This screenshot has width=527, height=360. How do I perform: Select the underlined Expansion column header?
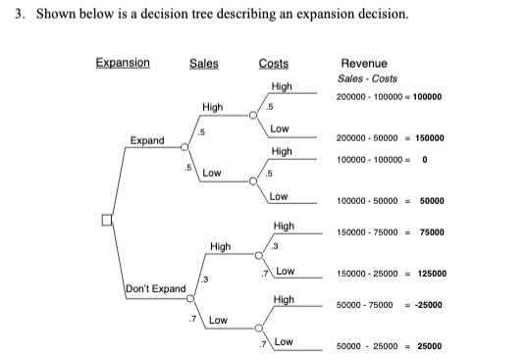pyautogui.click(x=123, y=64)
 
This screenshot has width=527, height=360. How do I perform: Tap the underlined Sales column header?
pyautogui.click(x=203, y=65)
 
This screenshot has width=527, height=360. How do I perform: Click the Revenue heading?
pyautogui.click(x=363, y=64)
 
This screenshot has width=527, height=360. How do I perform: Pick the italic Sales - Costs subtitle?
pyautogui.click(x=367, y=78)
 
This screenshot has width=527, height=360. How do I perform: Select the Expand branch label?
pyautogui.click(x=147, y=140)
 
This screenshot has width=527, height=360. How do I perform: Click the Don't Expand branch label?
pyautogui.click(x=156, y=288)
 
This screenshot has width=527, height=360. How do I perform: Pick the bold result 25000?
pyautogui.click(x=430, y=345)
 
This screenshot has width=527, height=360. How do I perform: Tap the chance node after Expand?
pyautogui.click(x=184, y=148)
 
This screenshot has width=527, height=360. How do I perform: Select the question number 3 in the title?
pyautogui.click(x=19, y=17)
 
